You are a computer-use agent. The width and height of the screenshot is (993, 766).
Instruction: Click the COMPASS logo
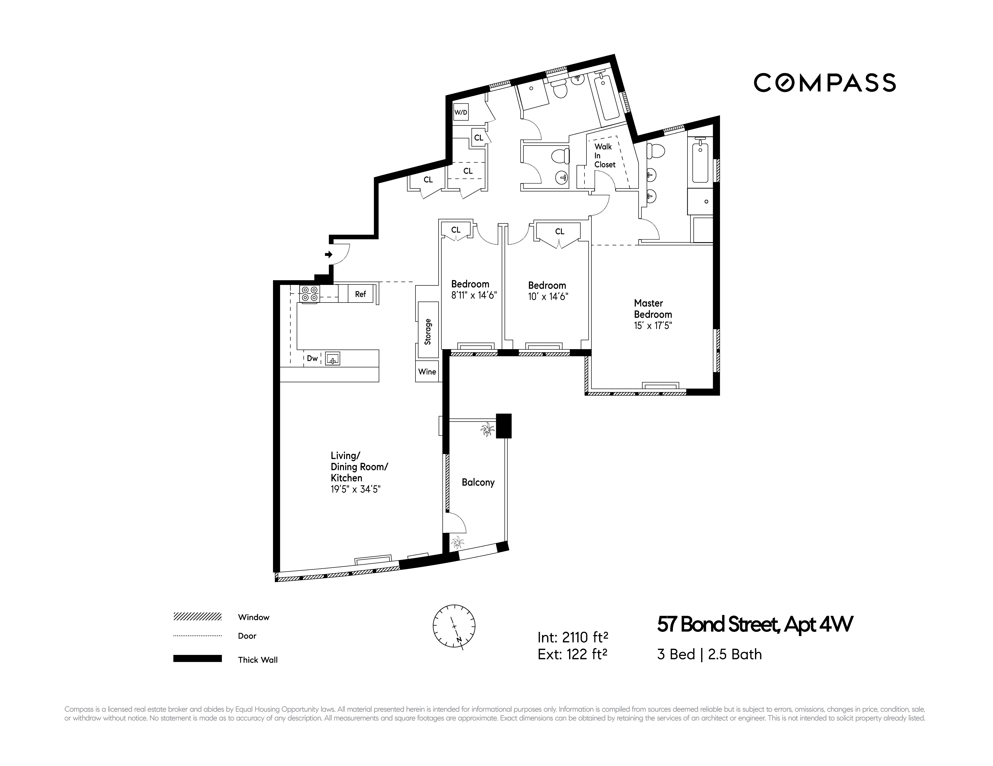tap(824, 83)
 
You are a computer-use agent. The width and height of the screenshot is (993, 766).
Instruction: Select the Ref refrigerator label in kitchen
tap(360, 294)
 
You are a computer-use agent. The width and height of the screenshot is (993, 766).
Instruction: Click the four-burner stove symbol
tap(310, 294)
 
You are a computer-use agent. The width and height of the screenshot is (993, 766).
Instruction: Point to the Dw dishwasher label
tap(312, 358)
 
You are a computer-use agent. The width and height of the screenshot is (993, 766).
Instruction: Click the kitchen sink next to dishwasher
tap(332, 359)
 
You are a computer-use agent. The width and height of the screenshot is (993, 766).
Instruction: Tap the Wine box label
tap(427, 372)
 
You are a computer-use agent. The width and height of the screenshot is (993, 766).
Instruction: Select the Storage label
tap(427, 331)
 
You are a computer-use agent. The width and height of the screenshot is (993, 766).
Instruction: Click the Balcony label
tap(478, 482)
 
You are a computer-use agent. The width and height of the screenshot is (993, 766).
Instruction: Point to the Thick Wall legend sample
tap(197, 658)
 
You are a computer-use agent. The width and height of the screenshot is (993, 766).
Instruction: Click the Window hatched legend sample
tap(197, 616)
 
